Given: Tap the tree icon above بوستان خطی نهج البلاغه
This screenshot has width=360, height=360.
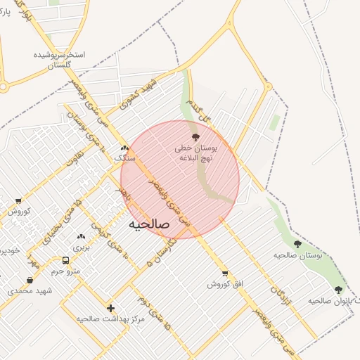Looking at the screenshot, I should click(x=195, y=138).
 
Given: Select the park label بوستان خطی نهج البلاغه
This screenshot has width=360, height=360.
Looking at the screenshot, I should click(x=196, y=153).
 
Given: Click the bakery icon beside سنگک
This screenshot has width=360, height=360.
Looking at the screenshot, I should click(x=124, y=148).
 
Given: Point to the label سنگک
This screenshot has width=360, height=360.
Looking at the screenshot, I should click(x=124, y=158).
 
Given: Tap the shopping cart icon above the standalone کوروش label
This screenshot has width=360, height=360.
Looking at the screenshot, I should click(x=18, y=201).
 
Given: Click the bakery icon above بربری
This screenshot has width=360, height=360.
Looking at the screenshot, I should click(x=81, y=237).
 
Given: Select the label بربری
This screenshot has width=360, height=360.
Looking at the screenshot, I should click(x=81, y=248).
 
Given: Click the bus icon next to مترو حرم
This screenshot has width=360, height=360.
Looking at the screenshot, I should click(x=65, y=260).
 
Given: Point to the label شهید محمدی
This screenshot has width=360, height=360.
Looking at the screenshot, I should click(x=20, y=290).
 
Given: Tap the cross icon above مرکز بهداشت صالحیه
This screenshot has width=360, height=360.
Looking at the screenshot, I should click(x=110, y=308).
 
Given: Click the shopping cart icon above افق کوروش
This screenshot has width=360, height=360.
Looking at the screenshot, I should click(x=225, y=274).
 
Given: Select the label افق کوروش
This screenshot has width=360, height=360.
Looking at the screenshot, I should click(x=225, y=284).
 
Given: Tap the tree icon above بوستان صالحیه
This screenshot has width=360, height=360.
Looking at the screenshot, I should click(x=297, y=244).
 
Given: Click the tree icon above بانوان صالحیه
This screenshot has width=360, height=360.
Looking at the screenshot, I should click(x=338, y=290).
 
